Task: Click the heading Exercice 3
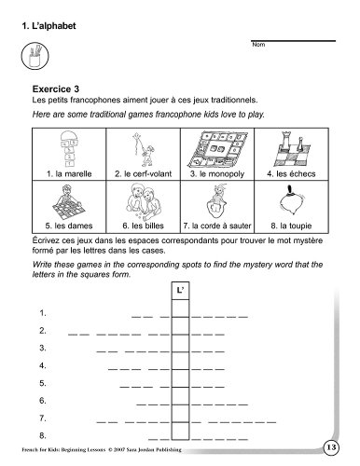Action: [x=56, y=89]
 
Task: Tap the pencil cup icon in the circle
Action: [x=35, y=56]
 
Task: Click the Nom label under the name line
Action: [x=258, y=45]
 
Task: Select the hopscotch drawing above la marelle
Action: [x=69, y=148]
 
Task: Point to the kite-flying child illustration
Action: [x=143, y=149]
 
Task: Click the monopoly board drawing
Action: [x=217, y=149]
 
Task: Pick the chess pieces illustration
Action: [x=292, y=149]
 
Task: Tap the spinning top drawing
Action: [x=292, y=200]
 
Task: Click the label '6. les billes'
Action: [x=143, y=226]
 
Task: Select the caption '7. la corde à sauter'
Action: [x=217, y=226]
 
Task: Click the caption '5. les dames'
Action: [x=69, y=226]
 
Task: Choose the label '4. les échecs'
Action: [x=291, y=173]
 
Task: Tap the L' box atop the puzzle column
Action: [x=180, y=291]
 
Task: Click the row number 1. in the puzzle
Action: [x=43, y=313]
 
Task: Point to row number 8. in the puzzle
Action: [x=43, y=435]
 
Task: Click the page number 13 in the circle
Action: [x=331, y=447]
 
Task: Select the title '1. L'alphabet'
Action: [x=48, y=26]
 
